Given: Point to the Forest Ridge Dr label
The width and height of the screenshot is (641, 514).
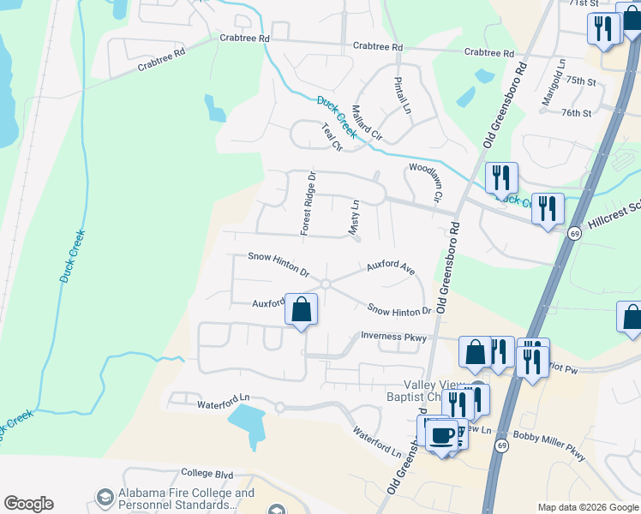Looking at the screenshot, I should [308, 204].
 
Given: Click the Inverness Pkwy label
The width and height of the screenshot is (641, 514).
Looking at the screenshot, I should [393, 338].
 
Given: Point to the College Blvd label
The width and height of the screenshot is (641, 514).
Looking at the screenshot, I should [207, 473].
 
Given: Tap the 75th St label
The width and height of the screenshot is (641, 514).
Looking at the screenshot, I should [580, 81].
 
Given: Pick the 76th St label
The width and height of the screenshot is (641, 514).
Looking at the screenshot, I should [576, 113].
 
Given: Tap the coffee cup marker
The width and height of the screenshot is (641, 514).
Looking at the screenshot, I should [443, 434].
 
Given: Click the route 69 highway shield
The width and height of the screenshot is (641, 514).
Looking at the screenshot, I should [573, 233].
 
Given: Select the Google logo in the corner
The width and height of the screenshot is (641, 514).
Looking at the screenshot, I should [28, 503].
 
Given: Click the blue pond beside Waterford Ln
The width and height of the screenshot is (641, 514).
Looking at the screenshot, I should [247, 421].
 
